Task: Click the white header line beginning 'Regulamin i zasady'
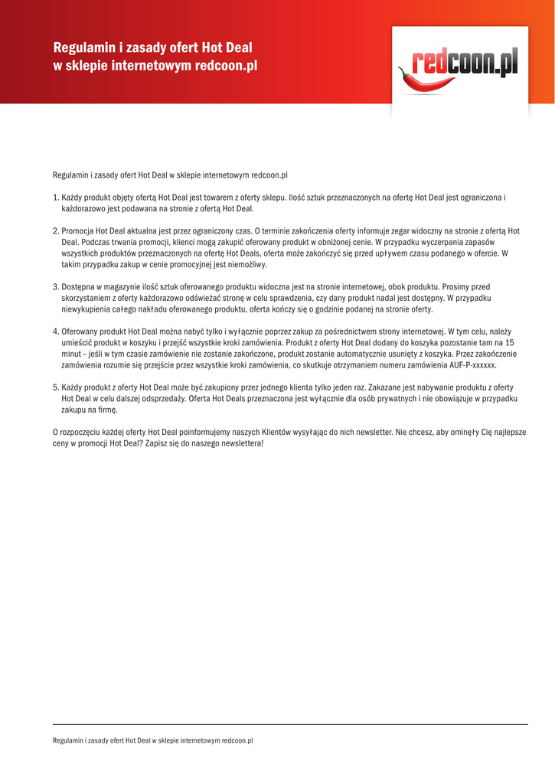click(152, 47)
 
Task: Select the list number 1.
click(55, 198)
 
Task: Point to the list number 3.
click(55, 286)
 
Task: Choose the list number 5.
click(55, 387)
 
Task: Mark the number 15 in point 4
click(510, 343)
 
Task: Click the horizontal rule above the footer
click(290, 724)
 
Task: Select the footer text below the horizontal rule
click(152, 741)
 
